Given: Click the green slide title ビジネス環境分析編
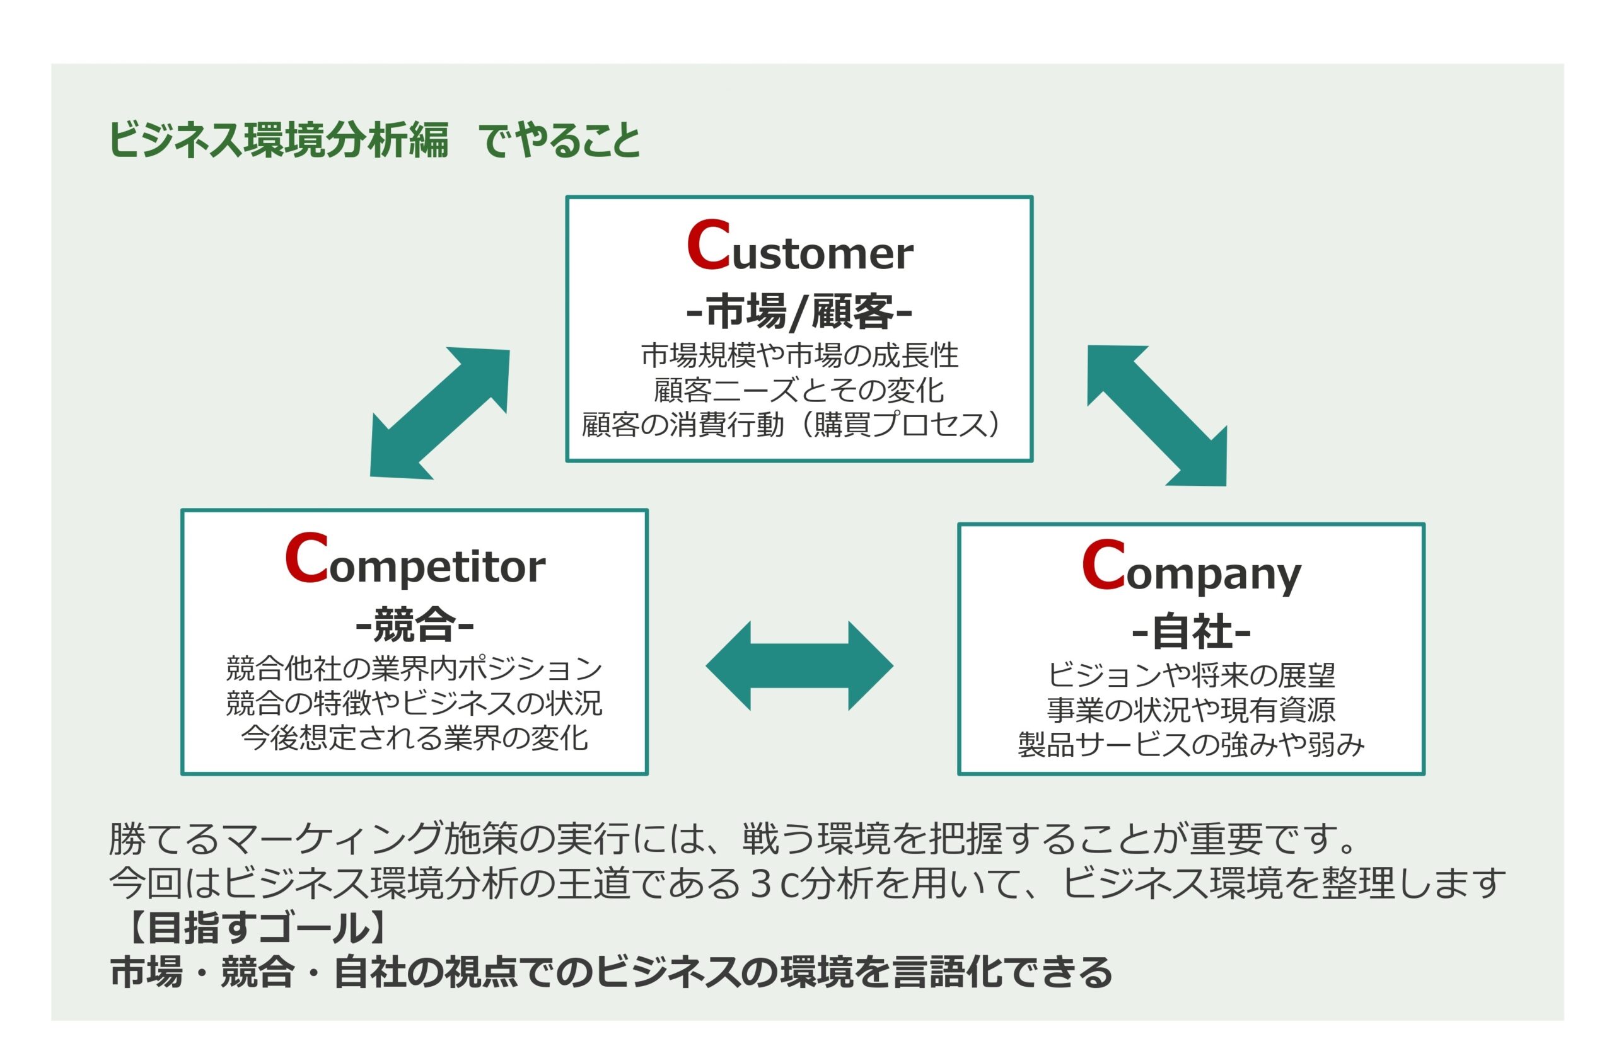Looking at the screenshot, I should click(x=278, y=141).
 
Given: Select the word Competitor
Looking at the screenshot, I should click(x=414, y=560).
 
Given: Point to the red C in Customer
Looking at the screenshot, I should click(x=708, y=244).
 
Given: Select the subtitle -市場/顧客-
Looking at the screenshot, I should click(x=799, y=311).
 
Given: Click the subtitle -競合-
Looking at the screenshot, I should click(x=414, y=624).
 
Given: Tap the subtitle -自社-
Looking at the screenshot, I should click(x=1191, y=631).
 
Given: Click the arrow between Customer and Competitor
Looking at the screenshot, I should click(x=439, y=413).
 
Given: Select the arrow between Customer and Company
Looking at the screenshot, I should click(x=1157, y=416).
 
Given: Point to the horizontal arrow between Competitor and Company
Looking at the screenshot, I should click(x=799, y=666).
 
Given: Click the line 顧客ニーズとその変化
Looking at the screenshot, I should click(x=799, y=390).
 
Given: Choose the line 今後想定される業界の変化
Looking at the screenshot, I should click(x=414, y=738).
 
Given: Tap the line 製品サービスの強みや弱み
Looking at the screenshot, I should click(x=1191, y=744).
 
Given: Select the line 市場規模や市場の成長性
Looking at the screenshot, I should click(x=799, y=355).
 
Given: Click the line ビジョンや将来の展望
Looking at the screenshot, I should click(x=1191, y=675).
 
